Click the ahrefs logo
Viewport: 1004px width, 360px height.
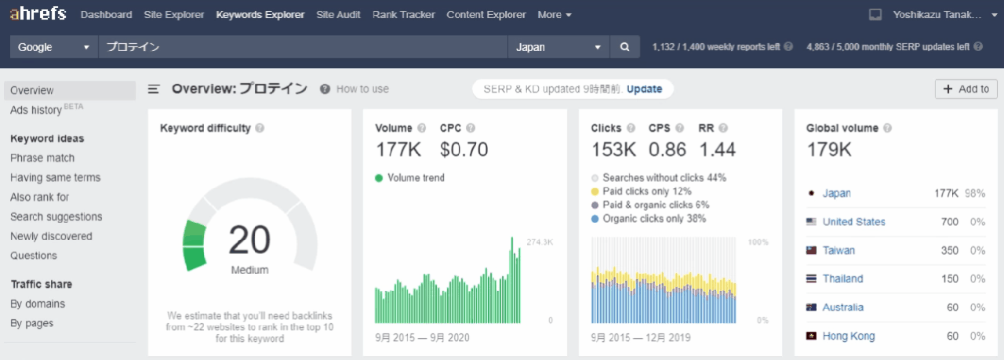[x=38, y=14]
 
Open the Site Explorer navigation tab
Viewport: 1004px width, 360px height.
[x=174, y=15]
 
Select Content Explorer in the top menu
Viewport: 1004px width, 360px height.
[x=486, y=15]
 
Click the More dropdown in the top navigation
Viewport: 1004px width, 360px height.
[x=555, y=15]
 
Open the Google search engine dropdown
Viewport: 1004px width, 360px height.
[x=53, y=47]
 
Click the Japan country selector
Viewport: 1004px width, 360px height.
[x=558, y=47]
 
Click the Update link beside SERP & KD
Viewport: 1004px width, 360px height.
[x=644, y=89]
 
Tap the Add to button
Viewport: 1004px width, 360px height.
[x=966, y=89]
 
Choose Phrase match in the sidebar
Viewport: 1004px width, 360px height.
[x=42, y=158]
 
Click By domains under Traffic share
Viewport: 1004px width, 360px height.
[x=38, y=304]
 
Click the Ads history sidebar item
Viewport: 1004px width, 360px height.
[x=36, y=111]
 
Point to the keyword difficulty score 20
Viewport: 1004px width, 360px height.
[x=249, y=240]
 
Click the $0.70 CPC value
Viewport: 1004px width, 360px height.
[x=464, y=149]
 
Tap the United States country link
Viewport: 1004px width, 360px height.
[x=853, y=222]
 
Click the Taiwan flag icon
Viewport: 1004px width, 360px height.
[x=811, y=251]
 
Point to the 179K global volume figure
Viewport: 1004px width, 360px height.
[x=828, y=149]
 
